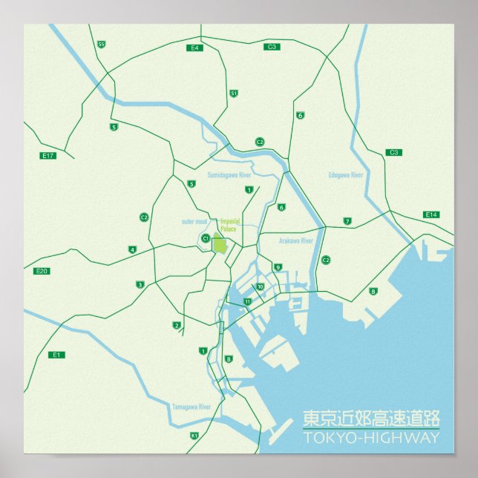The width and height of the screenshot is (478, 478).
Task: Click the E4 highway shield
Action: click(x=196, y=48)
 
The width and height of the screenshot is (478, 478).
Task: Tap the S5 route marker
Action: click(x=101, y=45)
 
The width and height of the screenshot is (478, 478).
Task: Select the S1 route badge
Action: click(x=234, y=94)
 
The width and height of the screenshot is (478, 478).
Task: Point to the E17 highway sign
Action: click(x=49, y=156)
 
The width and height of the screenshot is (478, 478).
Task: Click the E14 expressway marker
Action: click(x=431, y=215)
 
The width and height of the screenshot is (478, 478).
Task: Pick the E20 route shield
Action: click(x=42, y=271)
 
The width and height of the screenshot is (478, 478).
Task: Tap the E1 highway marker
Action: click(x=56, y=355)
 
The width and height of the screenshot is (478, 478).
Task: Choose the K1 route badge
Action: click(x=194, y=436)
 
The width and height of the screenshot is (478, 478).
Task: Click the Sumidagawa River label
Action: click(x=229, y=174)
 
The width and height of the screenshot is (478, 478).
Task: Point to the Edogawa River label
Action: click(x=346, y=175)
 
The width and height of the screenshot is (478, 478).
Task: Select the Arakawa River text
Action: click(x=296, y=241)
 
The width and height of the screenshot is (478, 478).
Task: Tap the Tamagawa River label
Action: click(x=191, y=407)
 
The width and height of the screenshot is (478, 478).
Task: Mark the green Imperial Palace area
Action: click(x=219, y=243)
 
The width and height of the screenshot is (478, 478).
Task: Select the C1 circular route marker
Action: click(x=206, y=238)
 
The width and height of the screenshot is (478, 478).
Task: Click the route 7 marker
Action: click(x=347, y=221)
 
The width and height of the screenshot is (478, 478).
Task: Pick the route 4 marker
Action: click(x=132, y=249)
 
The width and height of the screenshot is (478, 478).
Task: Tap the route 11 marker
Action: click(x=247, y=301)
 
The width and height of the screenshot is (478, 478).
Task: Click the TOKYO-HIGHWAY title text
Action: click(x=371, y=438)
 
